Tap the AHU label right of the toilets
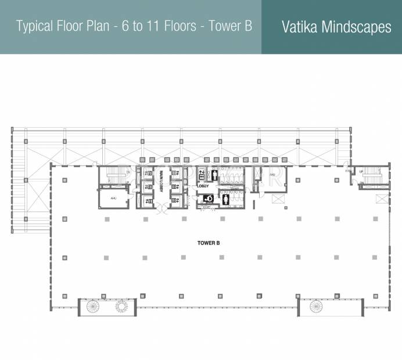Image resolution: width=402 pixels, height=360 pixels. (272, 175)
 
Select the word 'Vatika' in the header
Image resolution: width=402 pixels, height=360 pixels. (302, 27)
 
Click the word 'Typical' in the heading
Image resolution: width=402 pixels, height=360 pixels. (35, 27)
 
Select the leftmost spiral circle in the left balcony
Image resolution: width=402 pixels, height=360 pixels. (92, 306)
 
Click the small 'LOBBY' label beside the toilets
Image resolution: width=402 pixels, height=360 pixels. (203, 186)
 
